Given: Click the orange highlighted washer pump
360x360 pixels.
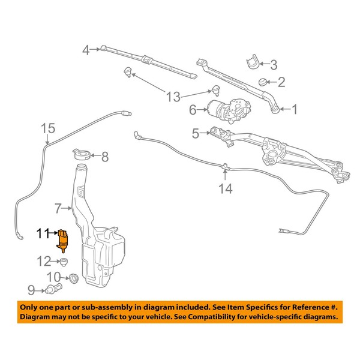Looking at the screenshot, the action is (x=62, y=241).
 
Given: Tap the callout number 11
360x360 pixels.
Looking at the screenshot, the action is (x=43, y=233).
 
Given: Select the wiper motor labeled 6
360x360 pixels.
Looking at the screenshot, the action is (x=229, y=110).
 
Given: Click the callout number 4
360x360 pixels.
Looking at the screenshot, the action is (x=86, y=50).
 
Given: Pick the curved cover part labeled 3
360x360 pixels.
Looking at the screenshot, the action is (x=253, y=62).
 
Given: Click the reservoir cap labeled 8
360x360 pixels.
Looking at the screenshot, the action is (x=82, y=154).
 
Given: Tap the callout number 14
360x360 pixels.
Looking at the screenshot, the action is (x=226, y=189).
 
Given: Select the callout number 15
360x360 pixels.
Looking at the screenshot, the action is (x=48, y=128).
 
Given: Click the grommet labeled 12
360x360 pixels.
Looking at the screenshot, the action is (x=64, y=262).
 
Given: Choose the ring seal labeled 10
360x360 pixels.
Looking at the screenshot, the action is (x=73, y=278).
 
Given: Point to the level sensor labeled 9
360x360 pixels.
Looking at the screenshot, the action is (x=53, y=288).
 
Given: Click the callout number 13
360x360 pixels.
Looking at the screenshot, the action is (x=173, y=97).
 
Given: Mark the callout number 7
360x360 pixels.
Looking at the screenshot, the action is (x=58, y=208).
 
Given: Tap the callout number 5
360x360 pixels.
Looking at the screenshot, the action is (x=196, y=133).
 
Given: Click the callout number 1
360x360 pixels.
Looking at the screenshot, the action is (x=294, y=109).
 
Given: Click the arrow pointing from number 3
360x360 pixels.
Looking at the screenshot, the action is (x=264, y=64).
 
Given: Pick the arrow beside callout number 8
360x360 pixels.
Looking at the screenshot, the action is (x=95, y=155).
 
